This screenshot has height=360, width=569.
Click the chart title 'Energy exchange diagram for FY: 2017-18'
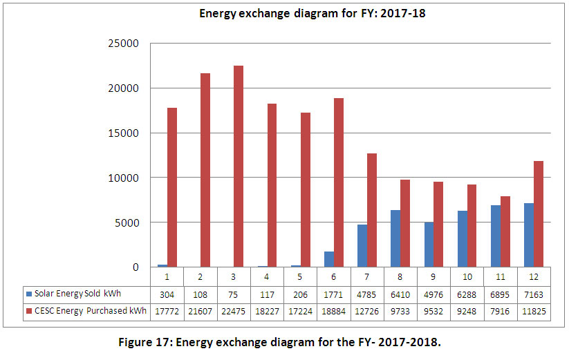coord(312,13)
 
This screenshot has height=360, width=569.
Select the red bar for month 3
coord(239,166)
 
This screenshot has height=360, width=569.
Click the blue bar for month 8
coord(395,238)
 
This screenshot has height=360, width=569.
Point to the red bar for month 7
coord(372,210)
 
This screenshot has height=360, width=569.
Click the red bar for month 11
coord(505,231)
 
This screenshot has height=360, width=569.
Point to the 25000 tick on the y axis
coord(125,44)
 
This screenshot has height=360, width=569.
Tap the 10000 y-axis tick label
coord(125,178)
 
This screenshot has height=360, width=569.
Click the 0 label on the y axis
coord(136,267)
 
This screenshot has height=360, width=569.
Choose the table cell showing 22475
coord(234,311)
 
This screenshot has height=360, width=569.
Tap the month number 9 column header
coord(433,276)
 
